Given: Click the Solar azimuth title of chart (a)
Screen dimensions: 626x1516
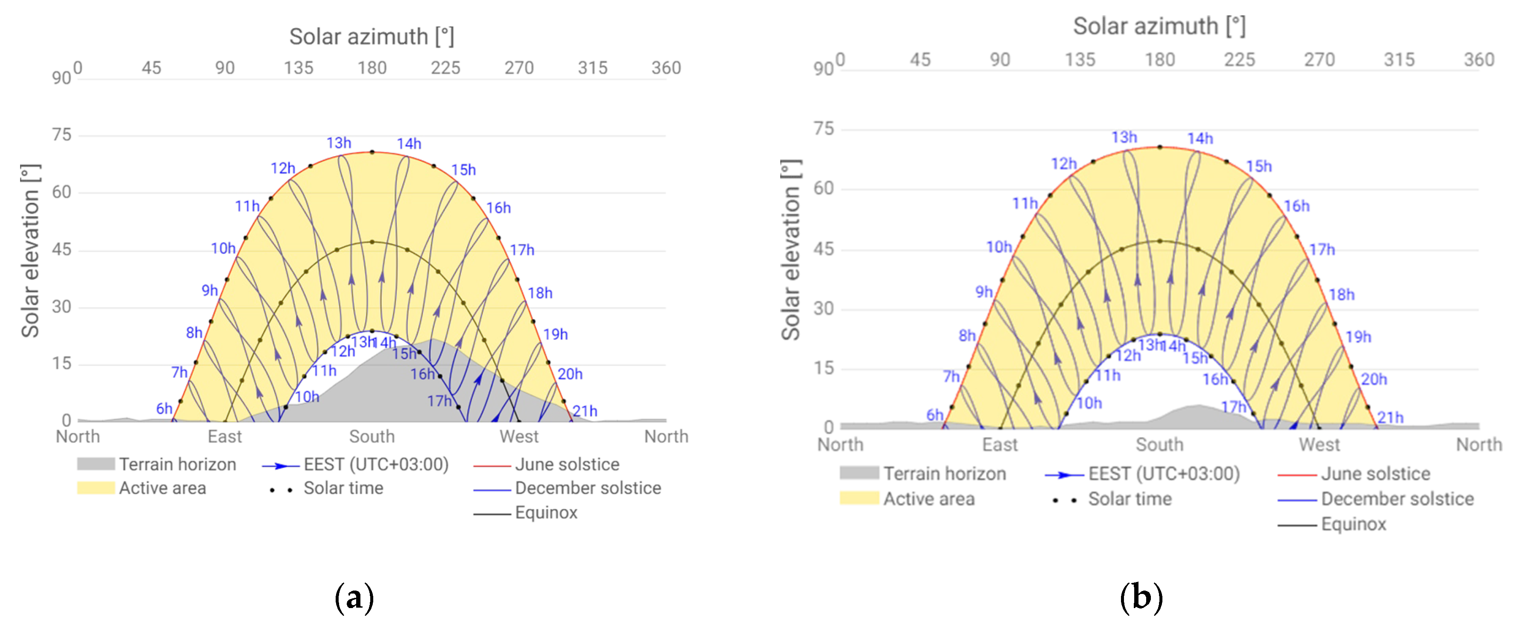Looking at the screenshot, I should coord(372,36).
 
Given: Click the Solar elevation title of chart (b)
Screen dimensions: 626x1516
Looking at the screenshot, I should coord(790,250).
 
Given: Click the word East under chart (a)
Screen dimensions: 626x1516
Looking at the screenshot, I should coord(224,436).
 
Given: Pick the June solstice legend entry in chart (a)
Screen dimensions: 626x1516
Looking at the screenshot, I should coord(566,464).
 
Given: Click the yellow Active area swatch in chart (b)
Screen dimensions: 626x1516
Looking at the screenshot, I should coord(859,498).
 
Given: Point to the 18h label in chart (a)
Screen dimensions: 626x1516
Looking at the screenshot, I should coord(540,293).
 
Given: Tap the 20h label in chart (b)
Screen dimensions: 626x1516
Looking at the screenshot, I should coord(1373,380).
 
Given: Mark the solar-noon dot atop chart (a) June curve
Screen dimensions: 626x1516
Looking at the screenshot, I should coord(372,152).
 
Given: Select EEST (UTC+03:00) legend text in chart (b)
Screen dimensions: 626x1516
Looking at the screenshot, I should coord(1164,474).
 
